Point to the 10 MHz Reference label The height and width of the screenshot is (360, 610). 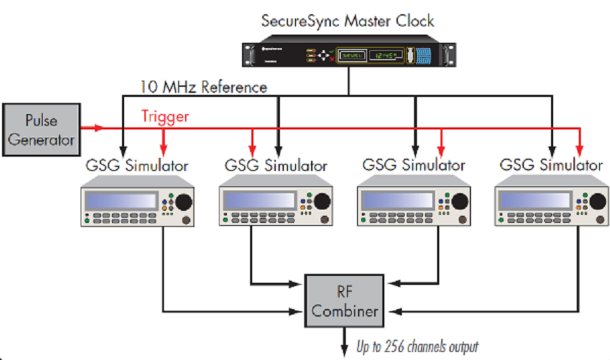pos(203,87)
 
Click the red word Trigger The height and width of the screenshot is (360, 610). pos(165,117)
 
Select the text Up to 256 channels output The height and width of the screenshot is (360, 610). pos(418,347)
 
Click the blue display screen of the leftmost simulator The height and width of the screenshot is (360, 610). pos(121,201)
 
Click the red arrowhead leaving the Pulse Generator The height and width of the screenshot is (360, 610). pos(100,127)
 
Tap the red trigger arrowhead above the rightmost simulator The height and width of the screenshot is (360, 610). pos(579,149)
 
